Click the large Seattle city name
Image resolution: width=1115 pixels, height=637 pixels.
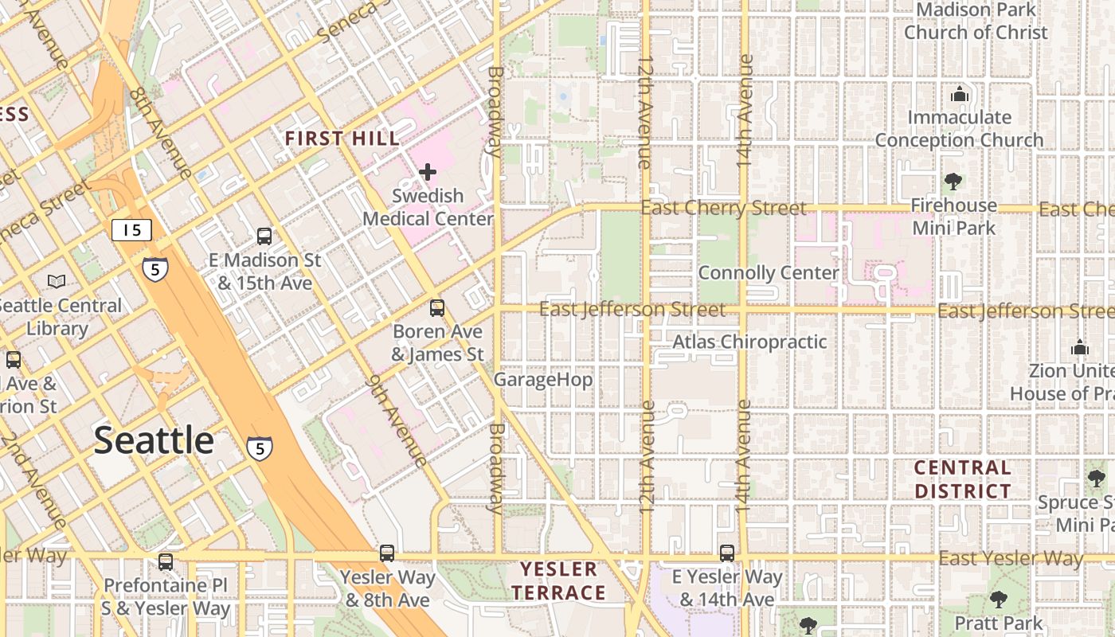(154, 440)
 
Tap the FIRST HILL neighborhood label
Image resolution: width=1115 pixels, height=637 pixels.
(342, 139)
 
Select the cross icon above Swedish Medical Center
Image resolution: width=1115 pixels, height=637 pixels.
(428, 171)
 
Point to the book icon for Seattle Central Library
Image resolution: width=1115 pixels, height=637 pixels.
(57, 281)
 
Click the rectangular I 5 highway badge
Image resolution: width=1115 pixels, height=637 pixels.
(131, 230)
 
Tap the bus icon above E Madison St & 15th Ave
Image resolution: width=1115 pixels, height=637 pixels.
(264, 236)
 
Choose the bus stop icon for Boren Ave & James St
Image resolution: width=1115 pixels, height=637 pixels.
(436, 308)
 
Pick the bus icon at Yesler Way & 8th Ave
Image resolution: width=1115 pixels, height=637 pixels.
(387, 553)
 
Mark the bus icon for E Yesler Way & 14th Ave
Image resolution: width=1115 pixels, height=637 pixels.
(726, 553)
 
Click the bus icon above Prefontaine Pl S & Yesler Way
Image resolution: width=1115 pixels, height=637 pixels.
(166, 561)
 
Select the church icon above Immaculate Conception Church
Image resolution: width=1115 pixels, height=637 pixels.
(959, 94)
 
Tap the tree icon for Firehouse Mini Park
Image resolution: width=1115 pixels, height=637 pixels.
(953, 182)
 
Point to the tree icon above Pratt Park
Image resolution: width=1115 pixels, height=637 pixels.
(998, 599)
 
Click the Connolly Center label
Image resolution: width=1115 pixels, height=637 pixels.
(768, 273)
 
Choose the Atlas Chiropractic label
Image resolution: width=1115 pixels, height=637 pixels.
(749, 342)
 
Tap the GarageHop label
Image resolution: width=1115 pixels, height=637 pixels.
(543, 380)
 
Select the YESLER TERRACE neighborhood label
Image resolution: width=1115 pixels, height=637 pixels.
(558, 581)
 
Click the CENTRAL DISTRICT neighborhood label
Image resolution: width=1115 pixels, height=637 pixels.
(962, 479)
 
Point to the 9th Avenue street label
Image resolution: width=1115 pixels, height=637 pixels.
(396, 420)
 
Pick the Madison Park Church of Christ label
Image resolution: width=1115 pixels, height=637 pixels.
(976, 21)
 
